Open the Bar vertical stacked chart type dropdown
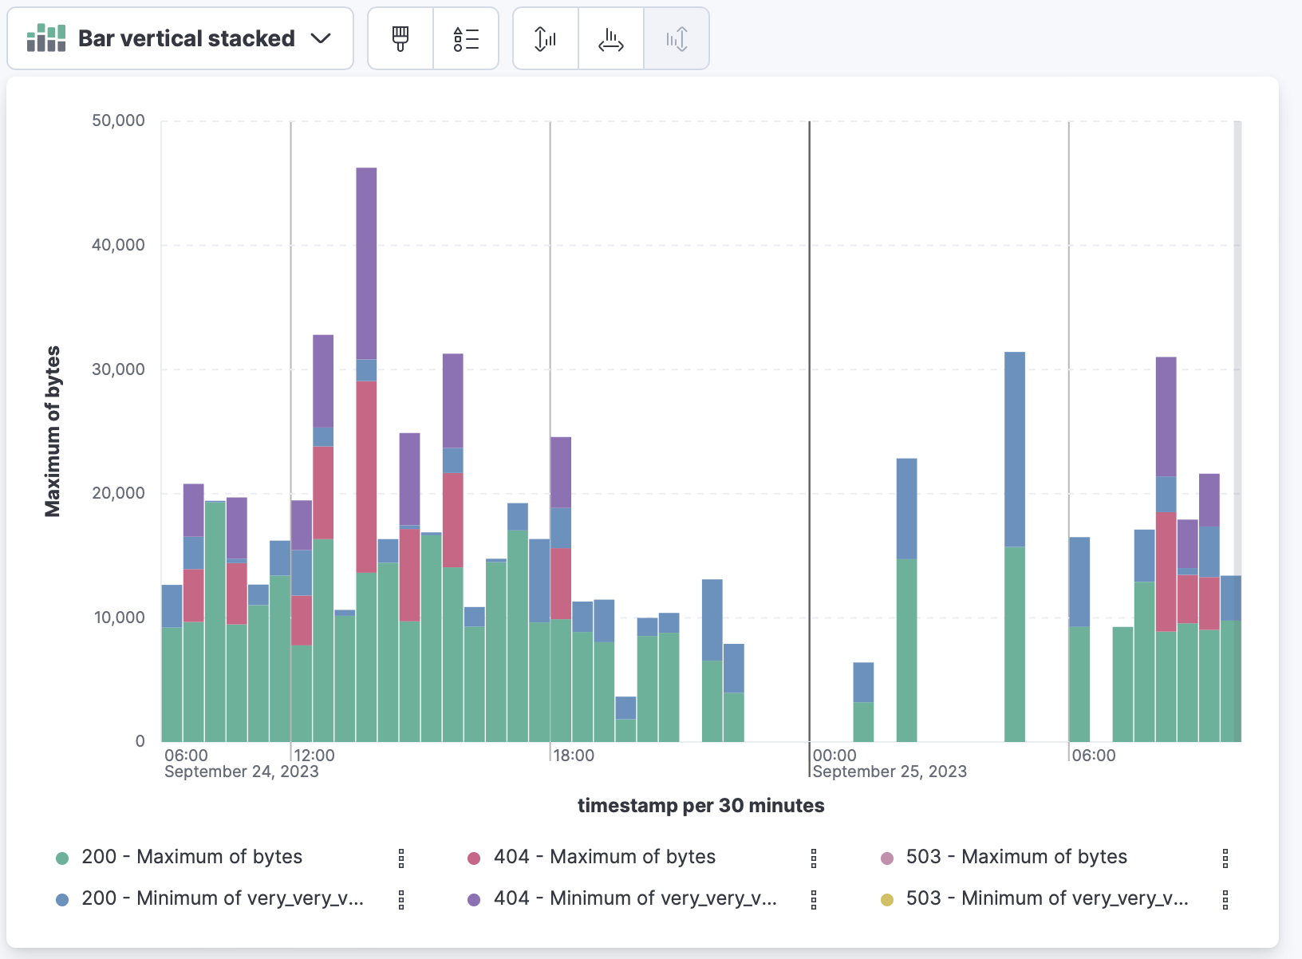180,38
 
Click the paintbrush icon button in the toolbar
400,38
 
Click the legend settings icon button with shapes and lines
466,38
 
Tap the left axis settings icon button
546,38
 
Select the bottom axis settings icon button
611,38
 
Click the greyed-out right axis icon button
677,38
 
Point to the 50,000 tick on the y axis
119,120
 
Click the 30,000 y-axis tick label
119,369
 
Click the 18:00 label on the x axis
573,756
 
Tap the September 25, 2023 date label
889,772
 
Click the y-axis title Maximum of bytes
53,431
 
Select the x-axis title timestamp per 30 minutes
700,805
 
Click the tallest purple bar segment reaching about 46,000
366,263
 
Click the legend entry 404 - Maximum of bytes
604,857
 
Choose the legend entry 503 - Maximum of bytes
1016,857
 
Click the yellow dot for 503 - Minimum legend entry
887,900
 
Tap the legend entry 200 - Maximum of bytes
191,857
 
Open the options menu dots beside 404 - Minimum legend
814,900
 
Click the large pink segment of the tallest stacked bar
366,476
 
